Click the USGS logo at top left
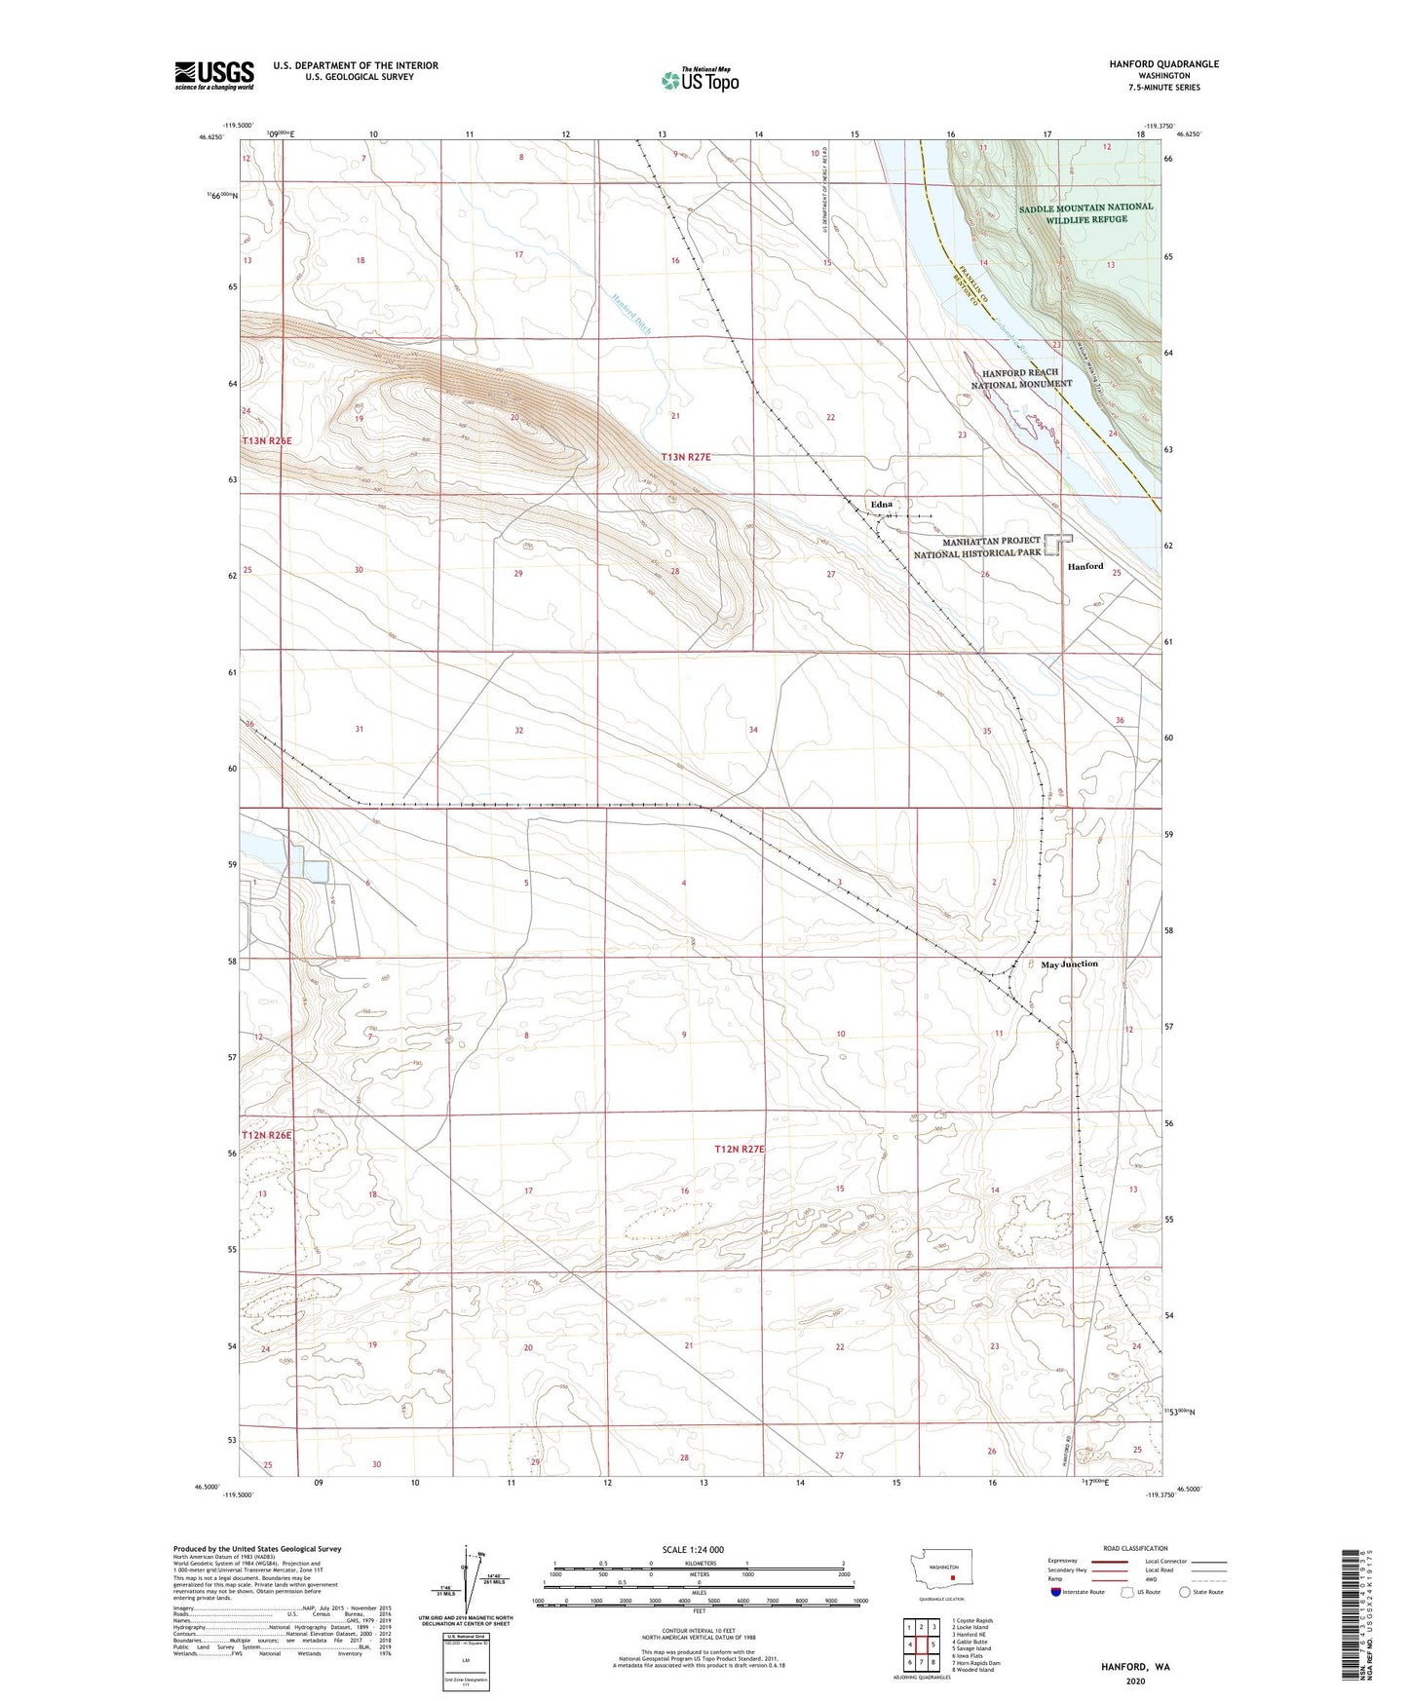(x=214, y=74)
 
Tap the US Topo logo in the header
(x=700, y=79)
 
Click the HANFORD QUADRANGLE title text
(x=1163, y=64)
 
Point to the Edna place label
(x=881, y=504)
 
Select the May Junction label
(x=1069, y=964)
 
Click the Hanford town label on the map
(x=1085, y=566)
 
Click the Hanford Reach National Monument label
(x=1021, y=378)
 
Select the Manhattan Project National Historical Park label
(x=977, y=547)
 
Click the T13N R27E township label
(x=694, y=456)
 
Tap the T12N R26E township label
(x=266, y=1135)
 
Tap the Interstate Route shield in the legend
(x=1056, y=1593)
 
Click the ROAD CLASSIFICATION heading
(x=1136, y=1548)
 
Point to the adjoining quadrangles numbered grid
(x=921, y=1644)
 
